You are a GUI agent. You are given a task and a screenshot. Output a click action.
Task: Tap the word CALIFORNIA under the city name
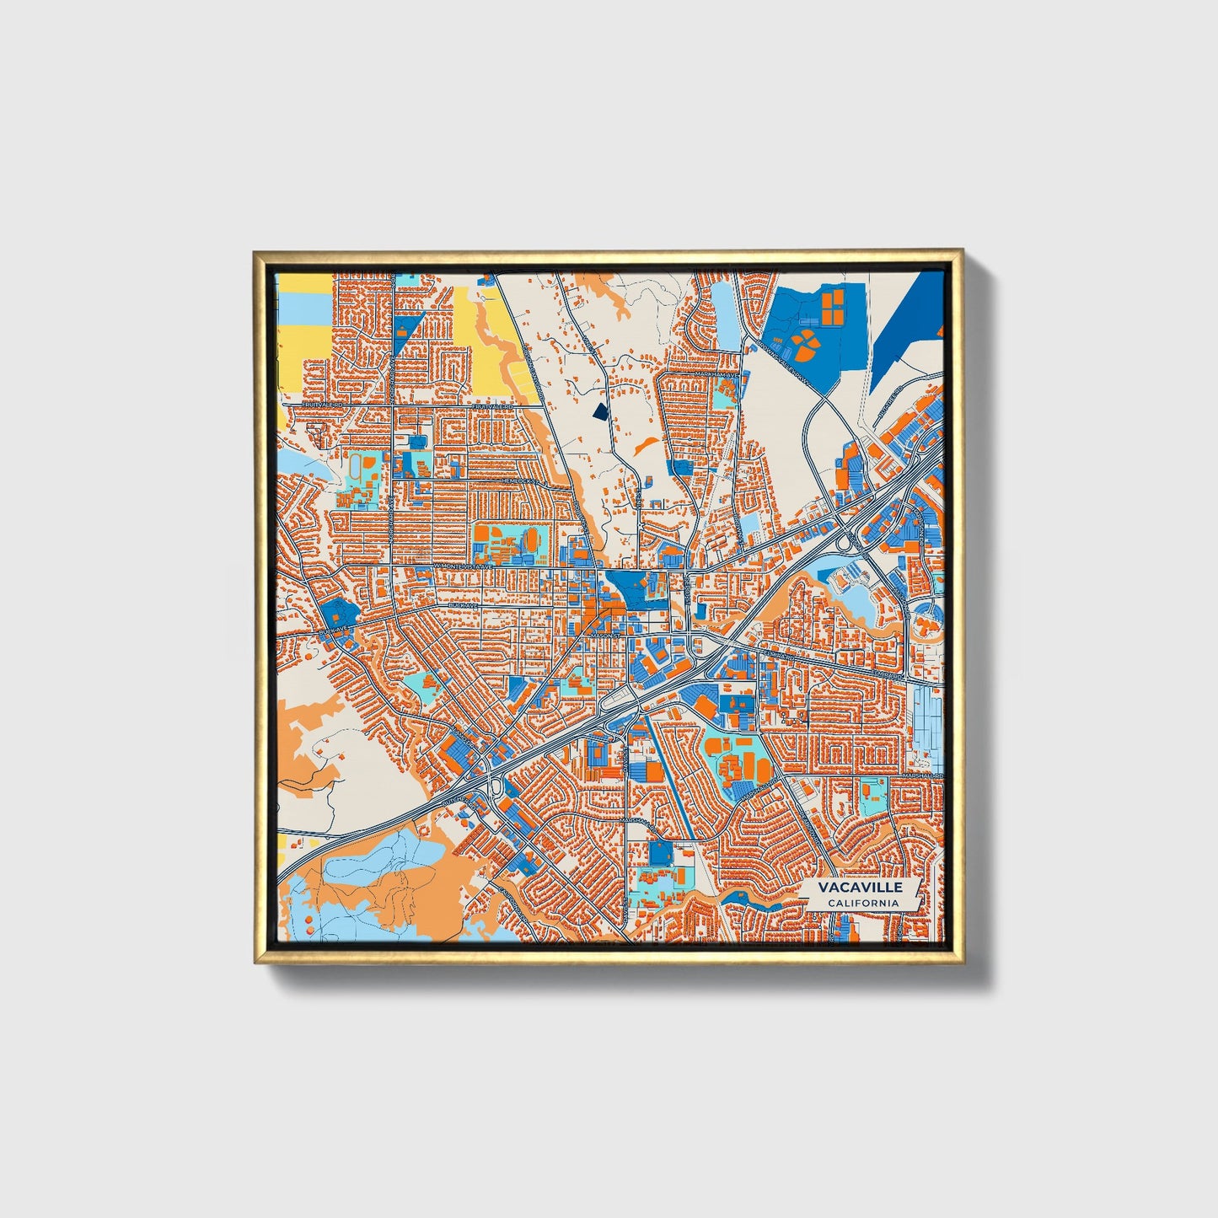(x=861, y=903)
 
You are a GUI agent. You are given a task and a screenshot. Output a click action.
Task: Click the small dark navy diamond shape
(x=599, y=411)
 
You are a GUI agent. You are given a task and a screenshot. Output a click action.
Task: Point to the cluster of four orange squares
(x=832, y=305)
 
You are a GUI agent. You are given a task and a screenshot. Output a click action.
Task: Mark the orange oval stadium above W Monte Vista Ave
(x=532, y=539)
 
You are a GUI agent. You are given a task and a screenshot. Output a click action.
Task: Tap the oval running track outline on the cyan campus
(x=357, y=465)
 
